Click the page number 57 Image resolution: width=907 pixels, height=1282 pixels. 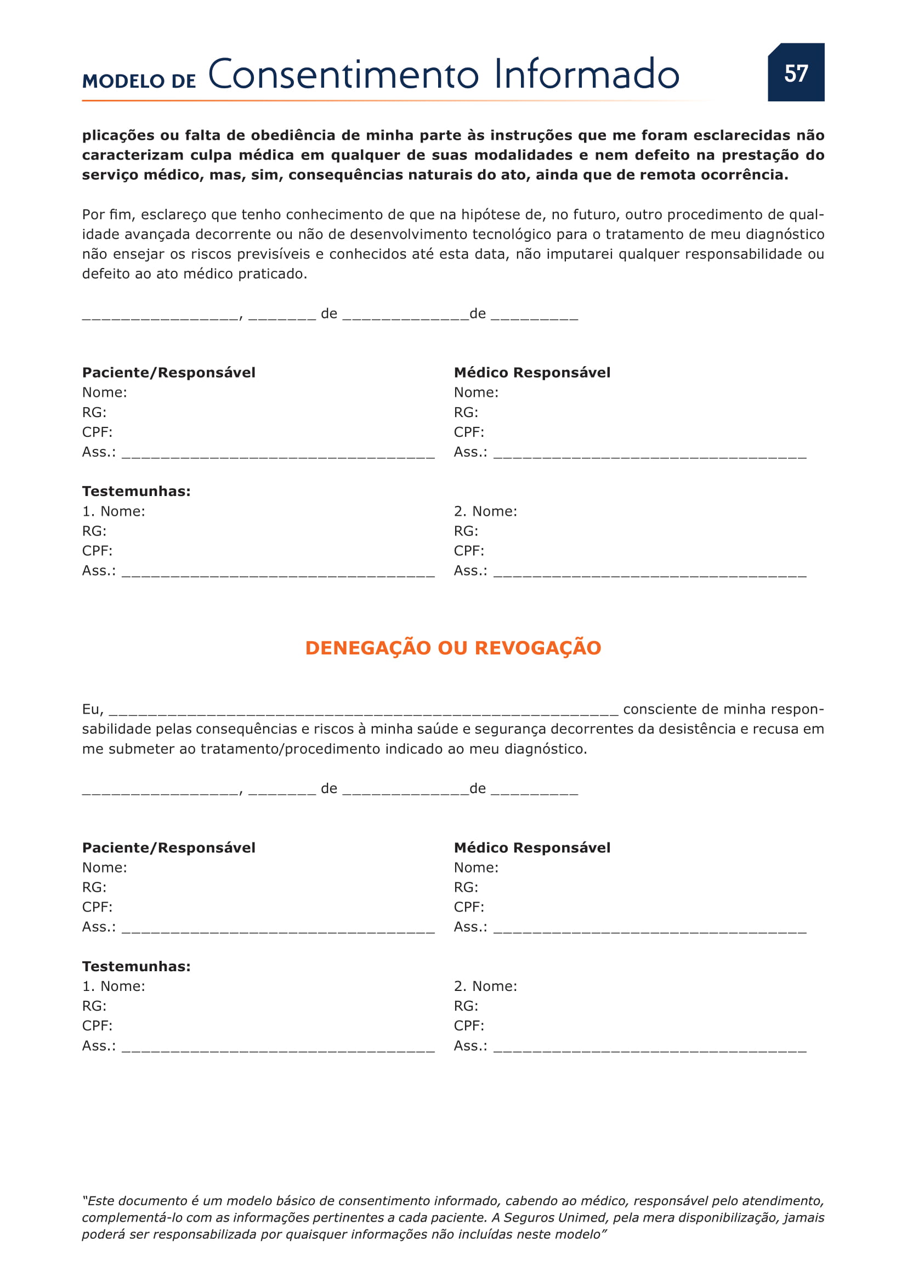pos(796,73)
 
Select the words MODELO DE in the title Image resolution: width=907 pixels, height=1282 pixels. pos(139,81)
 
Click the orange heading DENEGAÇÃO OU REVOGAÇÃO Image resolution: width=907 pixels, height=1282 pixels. pos(453,648)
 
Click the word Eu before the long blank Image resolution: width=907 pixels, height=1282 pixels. pos(92,710)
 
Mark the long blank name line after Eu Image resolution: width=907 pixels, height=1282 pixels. pos(364,713)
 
